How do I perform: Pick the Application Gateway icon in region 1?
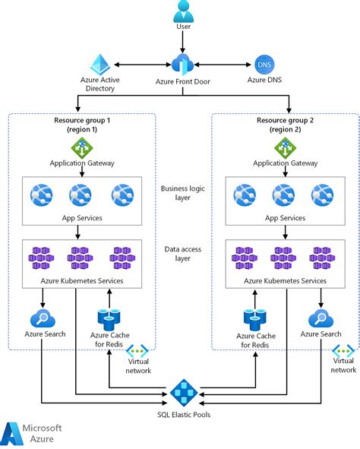81,147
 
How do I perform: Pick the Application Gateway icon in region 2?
284,147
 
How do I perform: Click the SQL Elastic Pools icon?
183,393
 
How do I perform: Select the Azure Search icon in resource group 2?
320,318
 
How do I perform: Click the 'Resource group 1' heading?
81,124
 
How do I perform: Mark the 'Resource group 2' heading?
284,124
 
